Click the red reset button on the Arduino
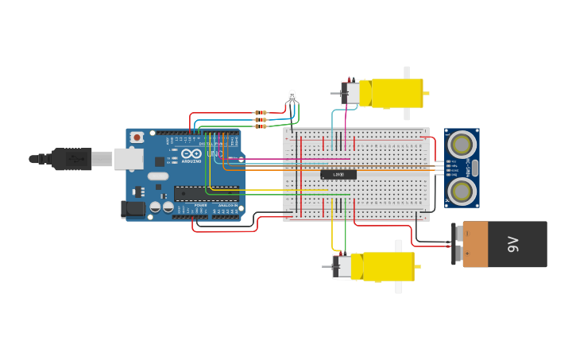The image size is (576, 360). (137, 137)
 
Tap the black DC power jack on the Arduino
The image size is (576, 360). (133, 209)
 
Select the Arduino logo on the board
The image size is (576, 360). (191, 154)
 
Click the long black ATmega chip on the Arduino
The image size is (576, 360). (206, 193)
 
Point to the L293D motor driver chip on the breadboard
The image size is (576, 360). (338, 174)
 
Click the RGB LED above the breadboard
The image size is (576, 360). (292, 97)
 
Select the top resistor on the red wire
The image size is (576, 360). (261, 113)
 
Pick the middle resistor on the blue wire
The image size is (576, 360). (261, 120)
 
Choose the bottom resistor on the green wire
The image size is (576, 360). (261, 126)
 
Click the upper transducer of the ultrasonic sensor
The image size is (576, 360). (461, 145)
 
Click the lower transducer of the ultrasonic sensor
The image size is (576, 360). (461, 191)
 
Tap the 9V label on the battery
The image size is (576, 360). (513, 245)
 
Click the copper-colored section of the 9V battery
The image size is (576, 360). (475, 245)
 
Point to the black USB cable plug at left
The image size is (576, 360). (72, 159)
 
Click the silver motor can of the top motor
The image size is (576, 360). (350, 93)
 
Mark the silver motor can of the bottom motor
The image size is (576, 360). (342, 266)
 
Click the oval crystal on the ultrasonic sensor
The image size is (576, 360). (475, 168)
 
